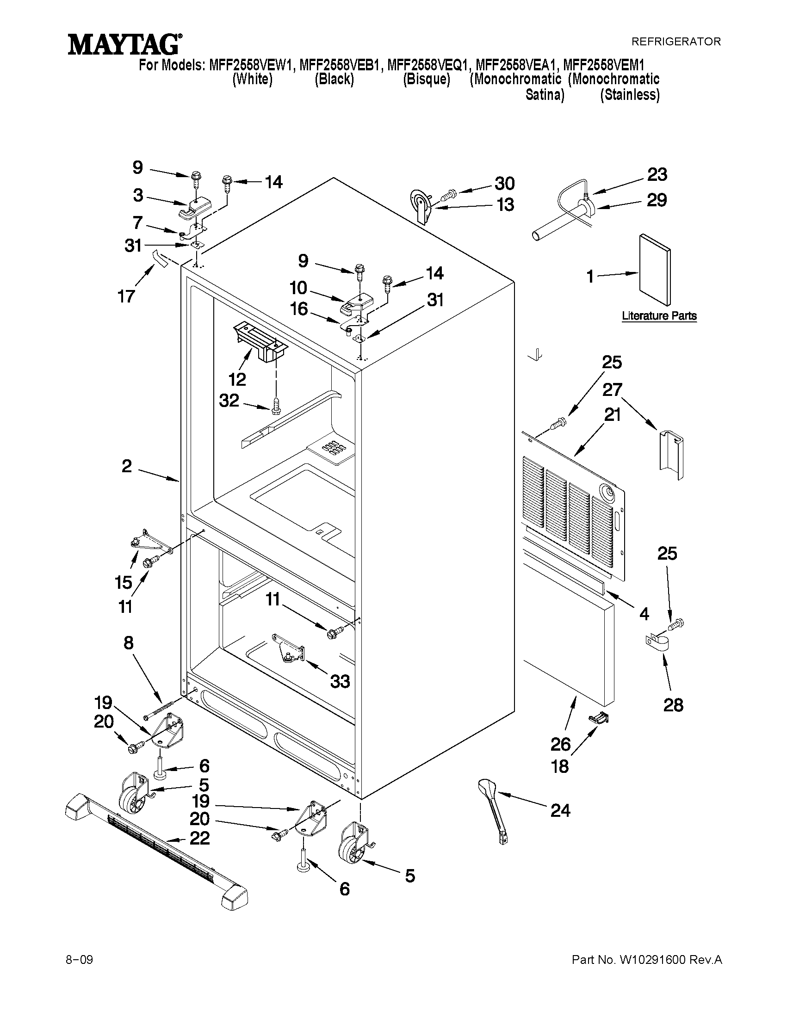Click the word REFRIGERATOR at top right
[x=675, y=42]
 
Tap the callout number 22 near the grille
[x=199, y=838]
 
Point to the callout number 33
[x=340, y=682]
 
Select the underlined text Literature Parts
[x=659, y=315]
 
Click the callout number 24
[x=560, y=811]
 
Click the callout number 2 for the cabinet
[x=127, y=466]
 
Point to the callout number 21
[x=613, y=414]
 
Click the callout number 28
[x=673, y=705]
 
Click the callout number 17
[x=126, y=296]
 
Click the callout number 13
[x=505, y=204]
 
